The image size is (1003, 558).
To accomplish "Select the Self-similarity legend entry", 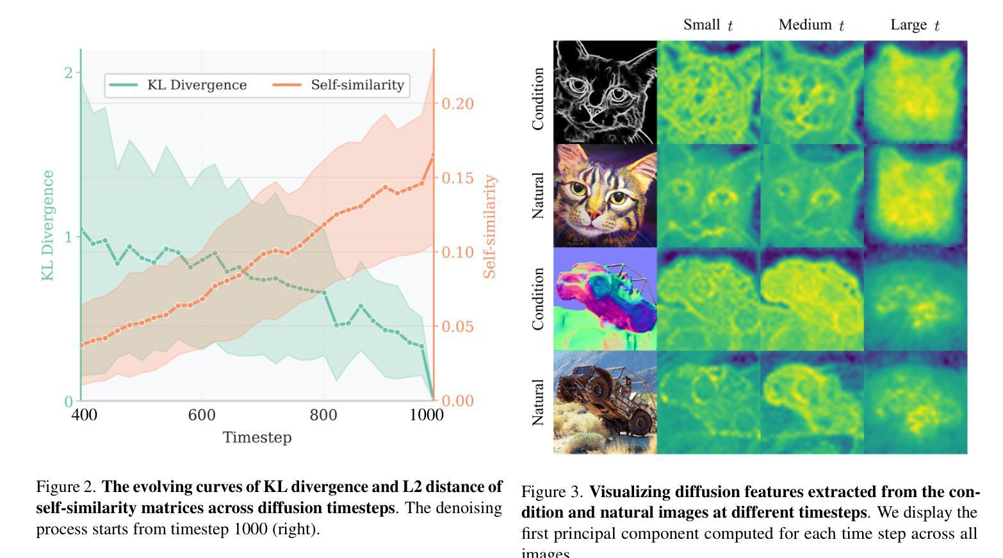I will pos(339,85).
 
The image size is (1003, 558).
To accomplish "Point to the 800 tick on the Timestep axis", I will pos(323,415).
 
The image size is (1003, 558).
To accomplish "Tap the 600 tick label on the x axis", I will pos(201,415).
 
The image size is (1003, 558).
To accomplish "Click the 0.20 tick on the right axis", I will pos(458,104).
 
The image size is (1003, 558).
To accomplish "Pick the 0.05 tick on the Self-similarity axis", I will pos(458,327).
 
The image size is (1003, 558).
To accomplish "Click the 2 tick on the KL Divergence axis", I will pos(69,73).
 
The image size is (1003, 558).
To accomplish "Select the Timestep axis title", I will pos(257,438).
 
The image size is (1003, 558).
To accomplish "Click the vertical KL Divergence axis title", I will pos(47,225).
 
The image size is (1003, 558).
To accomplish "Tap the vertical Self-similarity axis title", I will pos(490,227).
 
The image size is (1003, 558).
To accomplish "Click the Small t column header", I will pos(708,25).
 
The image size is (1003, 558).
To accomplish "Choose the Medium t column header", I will pos(811,25).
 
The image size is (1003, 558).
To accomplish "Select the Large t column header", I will pos(915,25).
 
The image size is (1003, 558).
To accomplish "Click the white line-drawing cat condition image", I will pos(605,92).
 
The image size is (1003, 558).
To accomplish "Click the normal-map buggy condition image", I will pos(605,299).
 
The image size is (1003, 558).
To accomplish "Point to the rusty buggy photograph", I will pos(605,402).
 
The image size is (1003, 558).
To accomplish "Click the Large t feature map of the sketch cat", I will pos(916,92).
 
